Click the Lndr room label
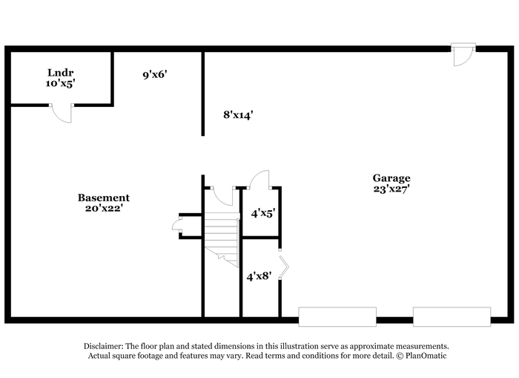[60, 73]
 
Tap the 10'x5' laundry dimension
[60, 83]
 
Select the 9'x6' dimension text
[154, 74]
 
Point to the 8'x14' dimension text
[238, 114]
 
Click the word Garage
[391, 178]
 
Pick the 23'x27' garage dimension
[391, 189]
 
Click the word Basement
[104, 198]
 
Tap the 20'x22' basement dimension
[104, 208]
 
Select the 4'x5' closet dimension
[263, 213]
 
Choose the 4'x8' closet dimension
[259, 276]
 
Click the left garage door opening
[337, 316]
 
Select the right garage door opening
[452, 316]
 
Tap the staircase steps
[222, 239]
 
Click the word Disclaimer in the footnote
[104, 346]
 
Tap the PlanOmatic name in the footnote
[426, 356]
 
